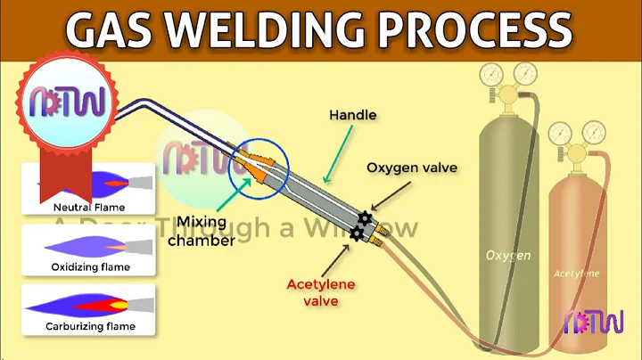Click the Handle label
[x=352, y=116]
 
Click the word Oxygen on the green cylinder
[x=508, y=256]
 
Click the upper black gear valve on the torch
[x=365, y=217]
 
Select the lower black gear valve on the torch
[x=358, y=233]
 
